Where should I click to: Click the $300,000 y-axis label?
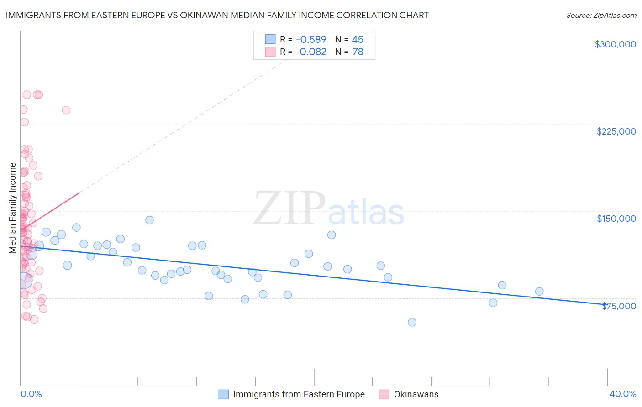click(x=615, y=44)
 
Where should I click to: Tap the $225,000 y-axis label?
click(x=616, y=131)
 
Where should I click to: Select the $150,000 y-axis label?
click(x=616, y=219)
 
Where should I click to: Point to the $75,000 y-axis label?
click(x=619, y=306)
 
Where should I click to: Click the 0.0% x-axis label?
click(x=31, y=394)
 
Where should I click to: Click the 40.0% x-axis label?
click(x=622, y=394)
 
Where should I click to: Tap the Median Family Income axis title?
click(x=13, y=208)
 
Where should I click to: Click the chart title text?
click(x=217, y=15)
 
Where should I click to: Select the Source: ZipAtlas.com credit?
click(x=601, y=16)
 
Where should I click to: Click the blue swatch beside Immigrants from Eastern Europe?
click(x=223, y=395)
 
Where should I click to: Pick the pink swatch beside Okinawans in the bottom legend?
click(x=384, y=395)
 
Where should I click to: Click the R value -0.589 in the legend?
click(x=311, y=40)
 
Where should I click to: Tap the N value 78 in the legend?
click(x=358, y=52)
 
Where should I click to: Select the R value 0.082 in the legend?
click(x=313, y=52)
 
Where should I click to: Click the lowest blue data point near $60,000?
click(x=412, y=322)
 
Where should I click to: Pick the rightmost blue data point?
click(x=539, y=292)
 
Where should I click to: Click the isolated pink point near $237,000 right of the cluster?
click(x=66, y=110)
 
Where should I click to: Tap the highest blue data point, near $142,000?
click(x=149, y=220)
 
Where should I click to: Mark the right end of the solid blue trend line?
click(x=607, y=304)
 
